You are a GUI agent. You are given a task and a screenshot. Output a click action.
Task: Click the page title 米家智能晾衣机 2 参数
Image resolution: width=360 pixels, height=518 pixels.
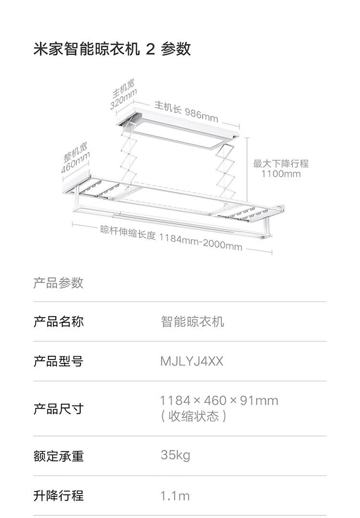[x=112, y=49]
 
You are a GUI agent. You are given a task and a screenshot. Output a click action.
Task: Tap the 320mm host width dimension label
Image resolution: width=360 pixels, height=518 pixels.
[x=124, y=99]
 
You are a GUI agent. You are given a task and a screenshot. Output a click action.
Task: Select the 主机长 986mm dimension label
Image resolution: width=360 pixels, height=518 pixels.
[x=186, y=111]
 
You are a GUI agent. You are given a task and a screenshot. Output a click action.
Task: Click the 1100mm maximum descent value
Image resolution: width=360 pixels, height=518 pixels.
[x=281, y=174]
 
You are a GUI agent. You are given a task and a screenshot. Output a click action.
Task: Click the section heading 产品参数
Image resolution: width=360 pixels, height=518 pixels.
[x=58, y=283]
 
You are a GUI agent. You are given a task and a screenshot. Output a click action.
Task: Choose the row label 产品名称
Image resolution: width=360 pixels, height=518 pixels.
[x=58, y=321]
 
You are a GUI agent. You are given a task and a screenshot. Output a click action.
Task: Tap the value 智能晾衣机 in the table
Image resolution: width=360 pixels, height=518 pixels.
[x=192, y=321]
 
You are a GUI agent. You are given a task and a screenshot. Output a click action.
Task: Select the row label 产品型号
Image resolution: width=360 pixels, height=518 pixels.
[x=58, y=361]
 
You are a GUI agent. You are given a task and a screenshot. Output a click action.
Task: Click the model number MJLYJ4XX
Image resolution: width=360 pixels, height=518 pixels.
[x=192, y=361]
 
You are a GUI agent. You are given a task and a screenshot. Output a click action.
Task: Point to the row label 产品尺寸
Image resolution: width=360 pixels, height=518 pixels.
[x=58, y=409]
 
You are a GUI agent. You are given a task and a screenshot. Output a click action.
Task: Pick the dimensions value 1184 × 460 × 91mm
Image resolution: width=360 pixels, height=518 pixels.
[x=219, y=400]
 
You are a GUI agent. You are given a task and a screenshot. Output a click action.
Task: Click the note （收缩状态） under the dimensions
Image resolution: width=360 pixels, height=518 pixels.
[x=193, y=416]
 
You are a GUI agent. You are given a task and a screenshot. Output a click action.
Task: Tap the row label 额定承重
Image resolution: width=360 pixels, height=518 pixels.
[x=58, y=456]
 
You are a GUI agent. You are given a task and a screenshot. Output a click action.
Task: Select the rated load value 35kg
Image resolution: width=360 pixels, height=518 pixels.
[x=175, y=455]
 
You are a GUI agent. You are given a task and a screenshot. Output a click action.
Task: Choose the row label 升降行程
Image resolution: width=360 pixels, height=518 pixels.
[x=58, y=495]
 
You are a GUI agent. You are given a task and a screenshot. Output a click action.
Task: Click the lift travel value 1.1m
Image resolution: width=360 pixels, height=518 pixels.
[x=175, y=495]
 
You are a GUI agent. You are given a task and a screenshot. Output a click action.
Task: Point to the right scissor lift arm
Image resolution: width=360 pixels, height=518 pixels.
[x=224, y=168]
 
